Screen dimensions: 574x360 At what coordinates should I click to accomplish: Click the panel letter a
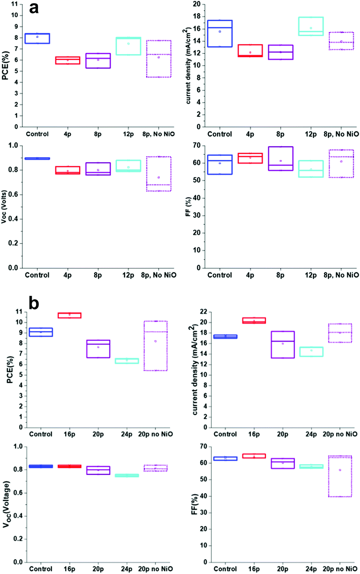pos(34,8)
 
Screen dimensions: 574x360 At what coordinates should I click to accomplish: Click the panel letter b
pos(34,303)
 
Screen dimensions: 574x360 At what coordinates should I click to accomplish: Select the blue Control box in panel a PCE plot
pos(37,38)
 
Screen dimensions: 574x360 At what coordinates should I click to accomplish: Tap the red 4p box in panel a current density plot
pos(250,51)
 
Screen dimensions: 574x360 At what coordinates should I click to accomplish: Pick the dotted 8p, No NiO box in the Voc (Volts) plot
pos(159,174)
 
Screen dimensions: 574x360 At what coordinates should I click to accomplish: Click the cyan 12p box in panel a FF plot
pos(311,169)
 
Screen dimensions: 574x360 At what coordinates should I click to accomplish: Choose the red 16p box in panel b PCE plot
pos(69,315)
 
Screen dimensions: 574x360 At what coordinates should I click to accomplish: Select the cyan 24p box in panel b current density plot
pos(311,351)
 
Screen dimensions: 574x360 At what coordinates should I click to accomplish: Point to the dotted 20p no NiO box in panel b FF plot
pos(340,476)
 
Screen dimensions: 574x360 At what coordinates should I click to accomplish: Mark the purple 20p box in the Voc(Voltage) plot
pos(98,470)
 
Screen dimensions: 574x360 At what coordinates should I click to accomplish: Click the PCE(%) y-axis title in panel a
pos(6,66)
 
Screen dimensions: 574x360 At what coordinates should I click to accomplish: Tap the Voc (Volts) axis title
pos(4,206)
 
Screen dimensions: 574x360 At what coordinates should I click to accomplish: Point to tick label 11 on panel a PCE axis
pos(15,4)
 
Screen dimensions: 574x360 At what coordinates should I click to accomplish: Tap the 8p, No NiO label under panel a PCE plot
pos(159,134)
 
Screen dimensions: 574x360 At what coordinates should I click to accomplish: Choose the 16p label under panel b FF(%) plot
pos(254,569)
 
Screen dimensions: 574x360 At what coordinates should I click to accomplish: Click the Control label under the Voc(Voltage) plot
pos(41,569)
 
